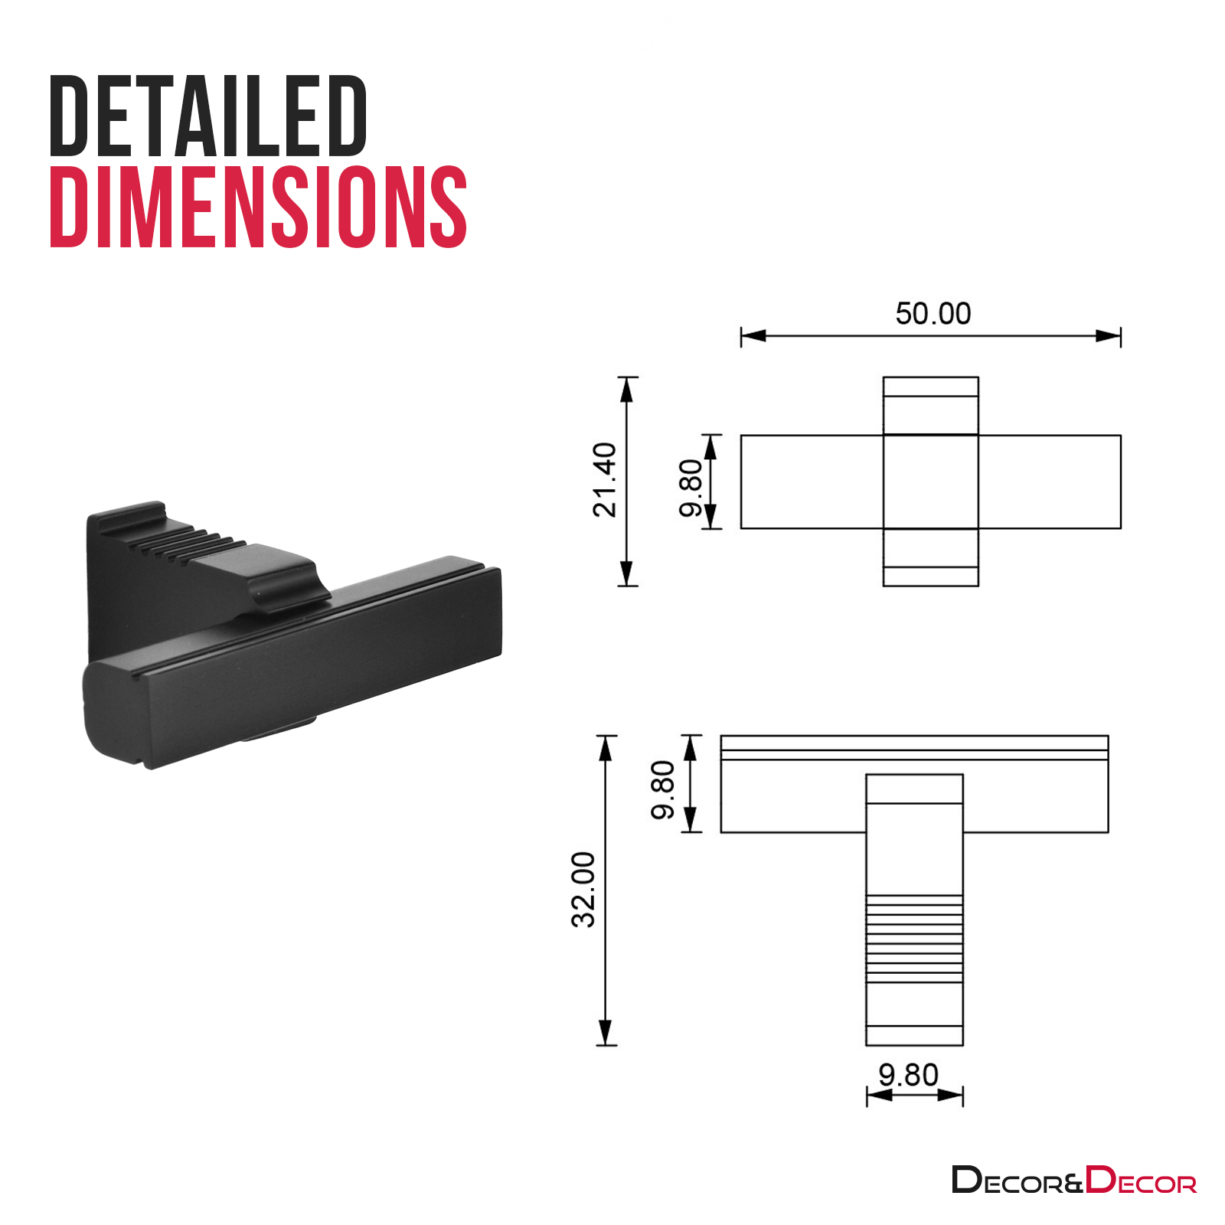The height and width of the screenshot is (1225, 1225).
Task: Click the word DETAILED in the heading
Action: pyautogui.click(x=208, y=116)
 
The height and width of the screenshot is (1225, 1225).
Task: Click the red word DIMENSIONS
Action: pyautogui.click(x=258, y=207)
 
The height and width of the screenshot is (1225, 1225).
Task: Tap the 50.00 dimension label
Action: pyautogui.click(x=933, y=313)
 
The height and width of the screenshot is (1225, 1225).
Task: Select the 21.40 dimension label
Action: pyautogui.click(x=605, y=479)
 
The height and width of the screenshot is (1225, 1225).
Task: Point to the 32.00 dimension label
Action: pyautogui.click(x=583, y=890)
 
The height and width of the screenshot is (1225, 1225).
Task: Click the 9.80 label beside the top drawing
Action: pyautogui.click(x=691, y=488)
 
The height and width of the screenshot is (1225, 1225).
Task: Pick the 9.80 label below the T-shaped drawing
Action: pyautogui.click(x=908, y=1075)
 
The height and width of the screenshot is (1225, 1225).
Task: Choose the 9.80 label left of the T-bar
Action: pyautogui.click(x=663, y=789)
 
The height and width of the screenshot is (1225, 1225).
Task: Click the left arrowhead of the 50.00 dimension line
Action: pyautogui.click(x=753, y=336)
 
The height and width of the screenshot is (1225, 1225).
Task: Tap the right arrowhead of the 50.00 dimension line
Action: pyautogui.click(x=1108, y=336)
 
